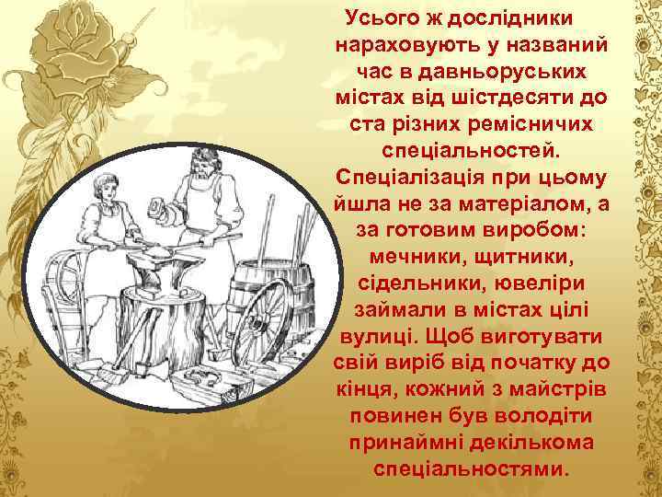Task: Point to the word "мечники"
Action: coord(413,253)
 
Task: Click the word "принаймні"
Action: coord(404,443)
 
